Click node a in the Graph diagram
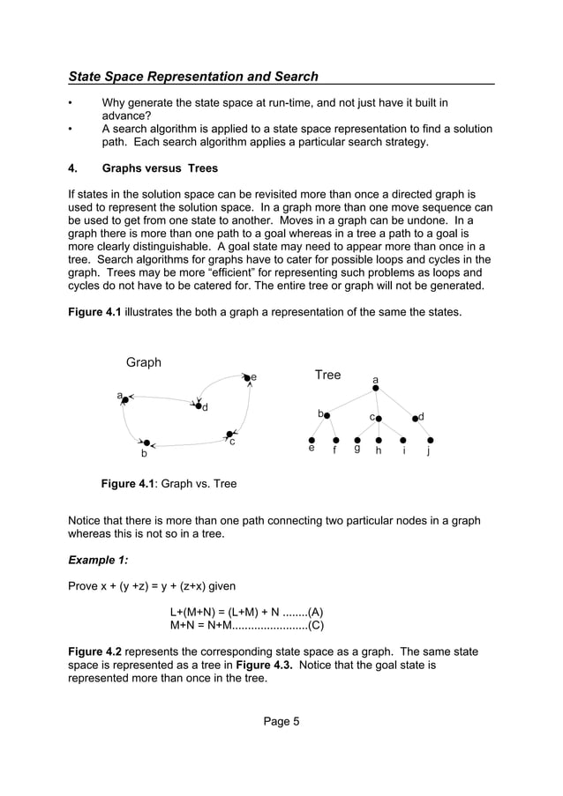point(125,400)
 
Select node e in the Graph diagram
point(247,377)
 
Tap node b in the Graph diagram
point(146,443)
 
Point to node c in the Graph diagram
point(229,434)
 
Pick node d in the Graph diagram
point(198,405)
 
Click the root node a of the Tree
point(375,388)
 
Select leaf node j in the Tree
point(429,440)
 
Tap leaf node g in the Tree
point(357,440)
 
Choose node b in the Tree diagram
point(327,415)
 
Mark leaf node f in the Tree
point(335,440)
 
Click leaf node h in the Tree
point(379,440)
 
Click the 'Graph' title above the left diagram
point(144,362)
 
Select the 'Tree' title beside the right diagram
point(327,375)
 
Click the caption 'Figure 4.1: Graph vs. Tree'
point(169,484)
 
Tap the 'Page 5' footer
point(281,721)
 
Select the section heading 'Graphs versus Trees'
point(160,168)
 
